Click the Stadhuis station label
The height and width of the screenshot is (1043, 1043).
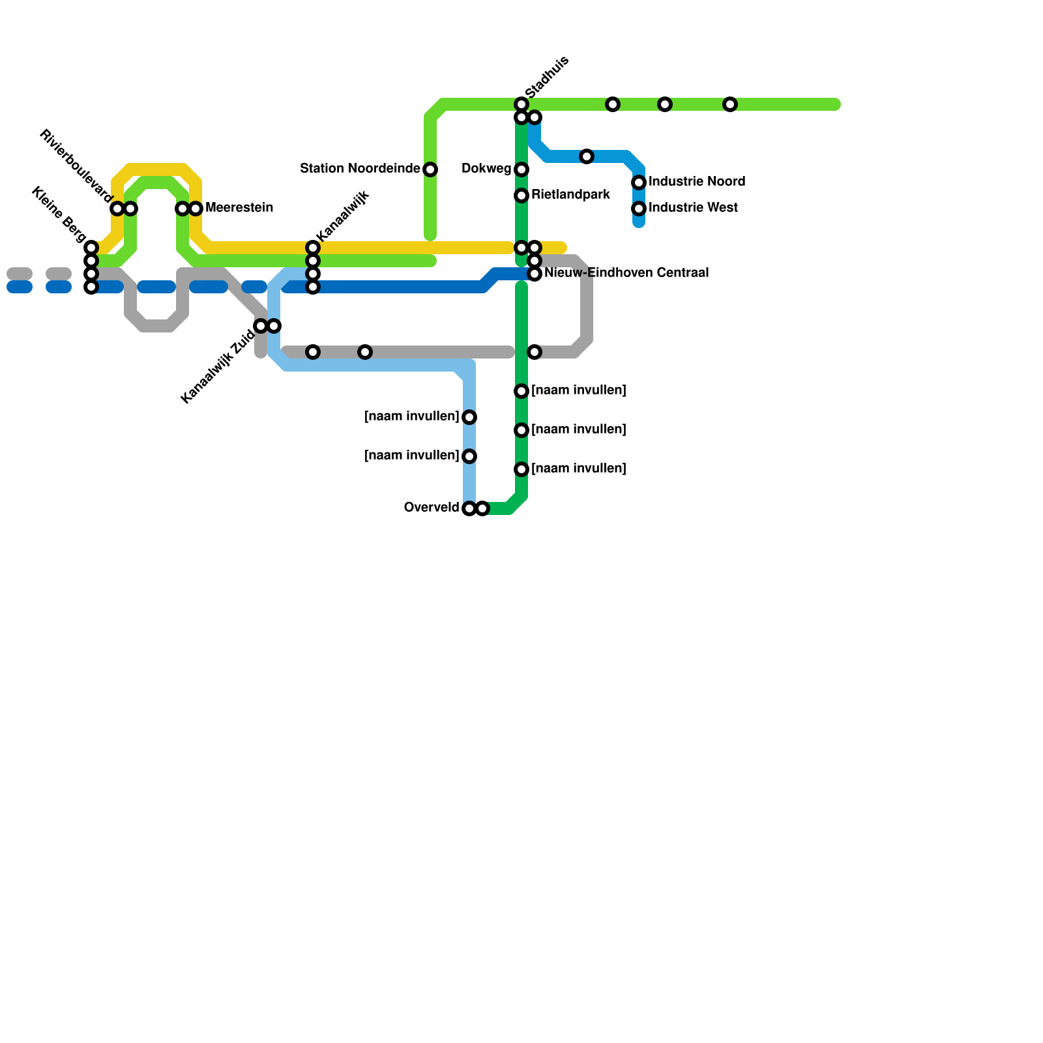pos(547,78)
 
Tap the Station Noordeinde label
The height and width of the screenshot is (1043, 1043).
pos(360,169)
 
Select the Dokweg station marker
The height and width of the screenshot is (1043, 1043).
pos(521,169)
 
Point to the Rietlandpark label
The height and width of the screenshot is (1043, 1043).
pos(570,194)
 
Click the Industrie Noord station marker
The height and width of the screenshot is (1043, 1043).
pos(639,183)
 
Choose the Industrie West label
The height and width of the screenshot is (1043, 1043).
pos(693,207)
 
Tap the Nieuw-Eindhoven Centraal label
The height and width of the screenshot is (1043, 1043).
pos(626,272)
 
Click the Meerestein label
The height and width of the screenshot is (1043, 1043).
pos(239,208)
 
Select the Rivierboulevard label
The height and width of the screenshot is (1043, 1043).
pos(76,166)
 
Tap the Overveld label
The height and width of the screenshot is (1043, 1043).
pos(432,507)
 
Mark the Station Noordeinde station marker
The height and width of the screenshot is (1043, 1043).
pos(430,169)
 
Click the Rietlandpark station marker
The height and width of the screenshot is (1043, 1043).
pos(521,196)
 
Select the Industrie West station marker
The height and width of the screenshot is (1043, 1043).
pos(639,209)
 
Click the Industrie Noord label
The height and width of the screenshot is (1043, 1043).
pos(697,181)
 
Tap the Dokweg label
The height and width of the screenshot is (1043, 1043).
pos(486,169)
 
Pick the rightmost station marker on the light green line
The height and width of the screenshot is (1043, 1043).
pos(730,104)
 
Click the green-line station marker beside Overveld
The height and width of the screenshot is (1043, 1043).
pos(482,508)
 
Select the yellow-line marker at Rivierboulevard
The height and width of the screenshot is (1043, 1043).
pos(117,209)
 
